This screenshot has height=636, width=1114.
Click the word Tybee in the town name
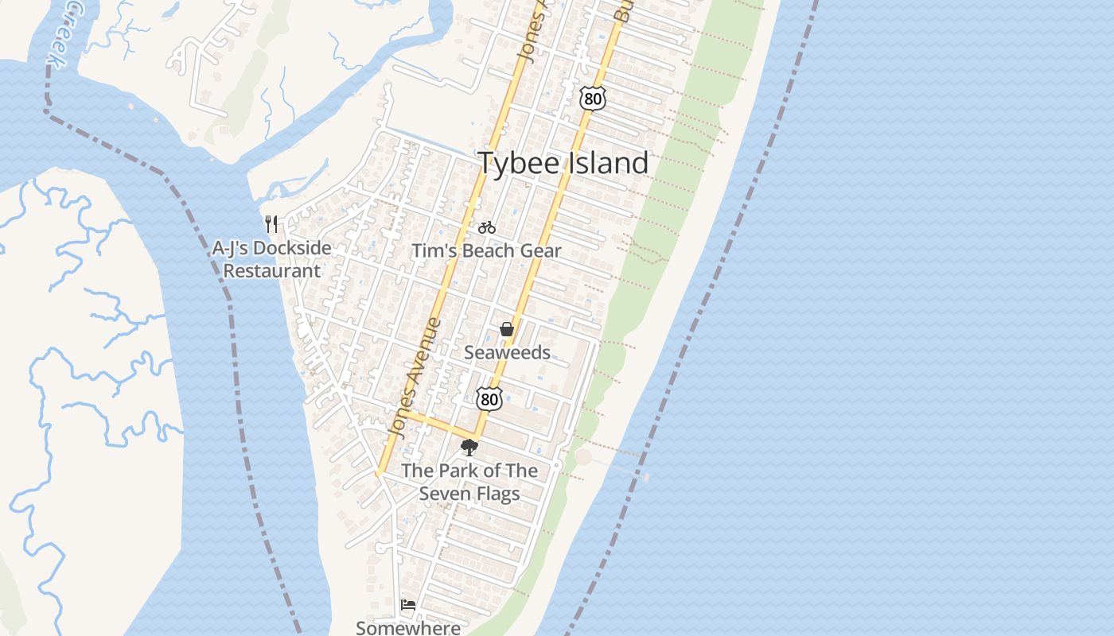coord(521,163)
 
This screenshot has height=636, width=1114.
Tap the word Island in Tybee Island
coord(609,163)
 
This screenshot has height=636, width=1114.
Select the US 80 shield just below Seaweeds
coord(489,399)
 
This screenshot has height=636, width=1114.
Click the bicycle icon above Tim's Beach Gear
coord(487,228)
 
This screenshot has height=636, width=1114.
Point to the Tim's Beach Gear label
coord(486,251)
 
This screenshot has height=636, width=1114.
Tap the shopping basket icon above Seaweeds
coord(507,329)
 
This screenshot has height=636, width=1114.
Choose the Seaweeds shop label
coord(507,352)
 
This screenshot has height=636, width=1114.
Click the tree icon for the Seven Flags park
coord(469,448)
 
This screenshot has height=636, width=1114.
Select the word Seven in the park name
coord(446,494)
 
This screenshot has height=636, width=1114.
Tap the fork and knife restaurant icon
coord(271,223)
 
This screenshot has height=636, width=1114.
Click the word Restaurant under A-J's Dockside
coord(271,271)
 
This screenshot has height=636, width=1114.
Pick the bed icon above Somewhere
coord(408,605)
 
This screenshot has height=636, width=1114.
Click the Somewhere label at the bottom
coord(408,627)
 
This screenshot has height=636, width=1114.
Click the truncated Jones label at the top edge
coord(532,32)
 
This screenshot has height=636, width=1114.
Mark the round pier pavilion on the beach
coord(583,457)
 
